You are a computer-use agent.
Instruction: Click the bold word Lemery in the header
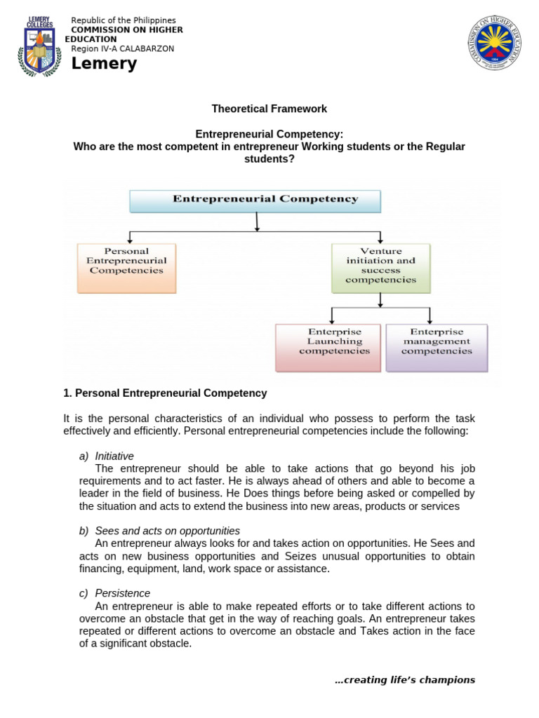coord(104,65)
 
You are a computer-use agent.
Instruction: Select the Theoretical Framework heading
coord(269,109)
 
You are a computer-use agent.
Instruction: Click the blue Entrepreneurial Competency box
coord(255,200)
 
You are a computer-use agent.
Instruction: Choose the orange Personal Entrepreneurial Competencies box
coord(126,267)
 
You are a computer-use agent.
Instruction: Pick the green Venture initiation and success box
coord(380,267)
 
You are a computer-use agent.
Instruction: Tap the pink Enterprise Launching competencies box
coord(328,347)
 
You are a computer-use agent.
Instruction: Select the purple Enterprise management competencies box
coord(437,347)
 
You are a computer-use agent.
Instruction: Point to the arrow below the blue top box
coord(258,222)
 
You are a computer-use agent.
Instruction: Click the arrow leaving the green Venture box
coord(380,300)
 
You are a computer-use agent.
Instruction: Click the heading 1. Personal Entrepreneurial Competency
coord(165,393)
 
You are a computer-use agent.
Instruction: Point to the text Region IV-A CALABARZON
coord(123,48)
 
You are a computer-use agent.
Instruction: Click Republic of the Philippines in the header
coord(124,20)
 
